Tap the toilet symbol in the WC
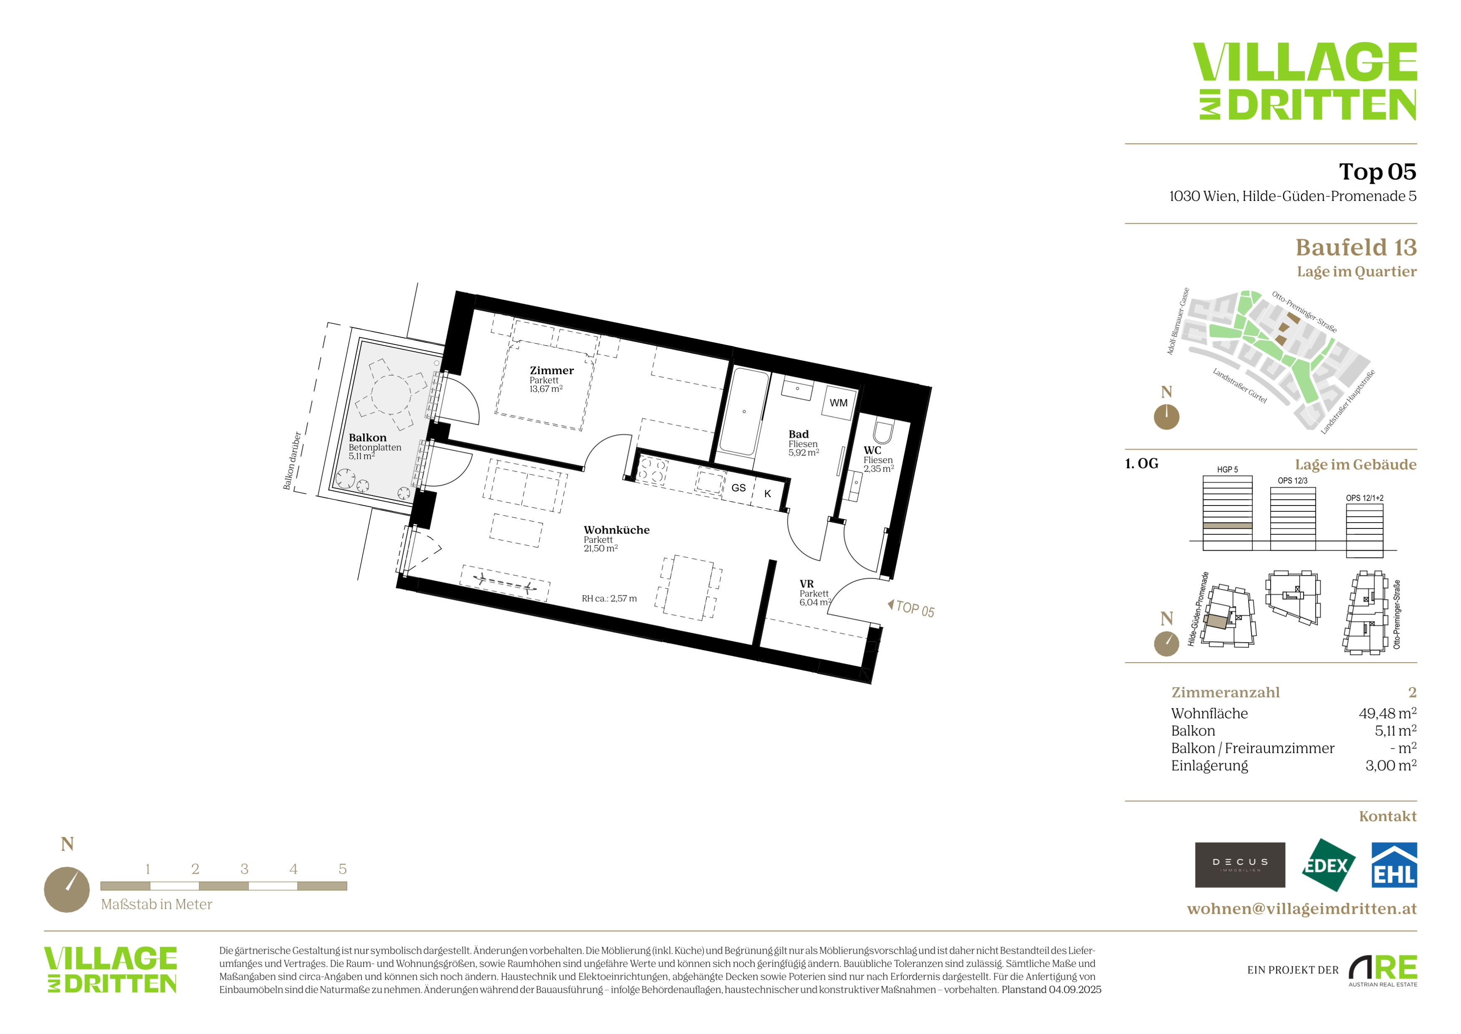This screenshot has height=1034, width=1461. [883, 431]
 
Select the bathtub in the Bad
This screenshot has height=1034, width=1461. [743, 412]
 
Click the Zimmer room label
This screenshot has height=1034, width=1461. [552, 371]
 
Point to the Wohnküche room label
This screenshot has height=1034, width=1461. [617, 530]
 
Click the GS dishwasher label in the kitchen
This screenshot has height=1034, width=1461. [738, 488]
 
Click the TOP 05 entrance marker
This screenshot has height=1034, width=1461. [911, 609]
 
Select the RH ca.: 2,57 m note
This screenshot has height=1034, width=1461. [609, 599]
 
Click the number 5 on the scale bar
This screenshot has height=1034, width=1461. [342, 869]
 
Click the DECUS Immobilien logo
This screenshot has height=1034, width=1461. [1240, 865]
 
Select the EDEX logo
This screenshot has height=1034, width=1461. [1327, 865]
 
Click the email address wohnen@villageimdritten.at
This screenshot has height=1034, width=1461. [1302, 909]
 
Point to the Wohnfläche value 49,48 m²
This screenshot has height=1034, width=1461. [1387, 713]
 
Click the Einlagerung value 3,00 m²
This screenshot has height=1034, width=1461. [1390, 765]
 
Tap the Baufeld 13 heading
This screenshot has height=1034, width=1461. [1356, 247]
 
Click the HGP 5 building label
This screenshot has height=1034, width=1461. [1228, 470]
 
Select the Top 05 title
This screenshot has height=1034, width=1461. [1378, 171]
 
